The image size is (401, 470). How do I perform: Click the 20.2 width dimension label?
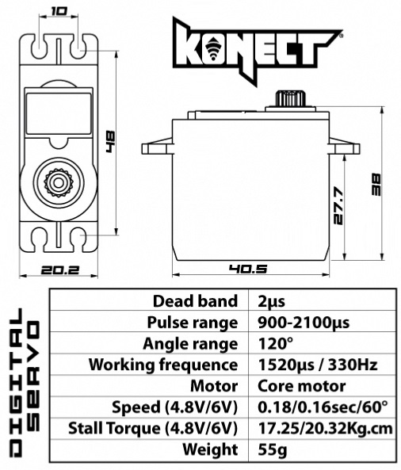pos(60,270)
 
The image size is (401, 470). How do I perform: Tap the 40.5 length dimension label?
pos(248,269)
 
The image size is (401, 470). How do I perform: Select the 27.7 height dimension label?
pos(338,206)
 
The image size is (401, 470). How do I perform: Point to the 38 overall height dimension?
pos(376,185)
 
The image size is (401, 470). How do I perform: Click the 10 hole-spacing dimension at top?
pos(59,12)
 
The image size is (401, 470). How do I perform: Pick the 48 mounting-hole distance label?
pos(110,141)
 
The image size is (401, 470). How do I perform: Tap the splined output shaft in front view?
pos(59,182)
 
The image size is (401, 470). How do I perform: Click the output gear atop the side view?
pos(291,98)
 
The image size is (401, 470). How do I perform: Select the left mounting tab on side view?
pos(158,147)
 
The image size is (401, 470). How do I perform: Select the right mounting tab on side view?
pos(344,147)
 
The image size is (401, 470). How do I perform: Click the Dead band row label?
pos(195,300)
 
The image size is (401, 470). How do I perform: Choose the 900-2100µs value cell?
pos(304,323)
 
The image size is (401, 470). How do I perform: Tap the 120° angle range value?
pos(275,343)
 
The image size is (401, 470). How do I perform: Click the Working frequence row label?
pos(163,365)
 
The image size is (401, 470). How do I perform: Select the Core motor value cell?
pos(301,386)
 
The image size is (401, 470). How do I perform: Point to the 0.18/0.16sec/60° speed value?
pos(323,407)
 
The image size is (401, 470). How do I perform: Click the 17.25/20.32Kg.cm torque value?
pos(325,429)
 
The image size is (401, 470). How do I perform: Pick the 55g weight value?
pos(272,450)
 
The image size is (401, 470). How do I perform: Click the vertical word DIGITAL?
pos(15,383)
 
